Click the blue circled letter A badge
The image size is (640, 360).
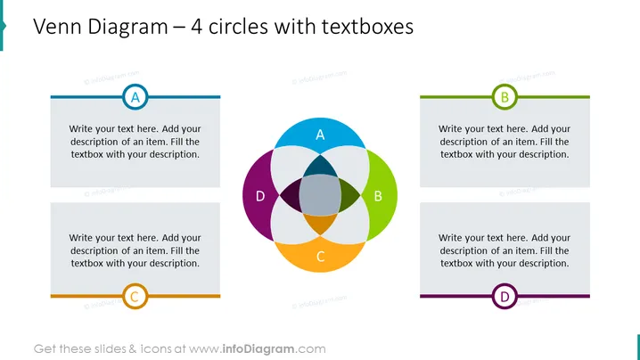(x=135, y=97)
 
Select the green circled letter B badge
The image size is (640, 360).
(x=505, y=97)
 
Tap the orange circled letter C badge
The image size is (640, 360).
(x=135, y=296)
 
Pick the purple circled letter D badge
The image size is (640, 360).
(x=505, y=296)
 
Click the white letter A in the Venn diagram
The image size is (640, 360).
(x=320, y=135)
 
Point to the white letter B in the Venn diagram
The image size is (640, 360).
(x=378, y=196)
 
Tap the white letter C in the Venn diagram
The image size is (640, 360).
(x=320, y=257)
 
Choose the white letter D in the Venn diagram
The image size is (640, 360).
(x=260, y=196)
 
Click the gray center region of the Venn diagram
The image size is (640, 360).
(x=320, y=195)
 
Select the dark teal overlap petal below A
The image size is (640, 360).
(x=320, y=167)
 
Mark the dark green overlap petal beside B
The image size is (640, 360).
(x=349, y=195)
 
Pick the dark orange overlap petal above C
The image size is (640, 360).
(x=320, y=224)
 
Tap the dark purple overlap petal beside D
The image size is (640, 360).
(x=291, y=195)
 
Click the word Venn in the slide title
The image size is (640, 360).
(x=58, y=27)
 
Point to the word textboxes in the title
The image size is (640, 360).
(x=367, y=27)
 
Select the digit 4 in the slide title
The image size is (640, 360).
(x=196, y=27)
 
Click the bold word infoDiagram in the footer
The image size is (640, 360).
(x=258, y=349)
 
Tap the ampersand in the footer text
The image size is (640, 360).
(x=133, y=349)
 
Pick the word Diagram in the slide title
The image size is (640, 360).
(x=127, y=28)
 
